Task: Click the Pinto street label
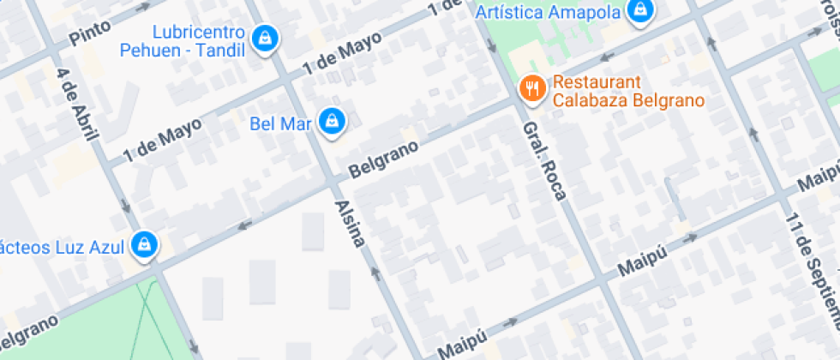90,33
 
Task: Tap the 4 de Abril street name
79,105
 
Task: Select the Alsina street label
351,224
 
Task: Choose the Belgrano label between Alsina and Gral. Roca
384,159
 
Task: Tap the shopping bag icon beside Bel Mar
331,123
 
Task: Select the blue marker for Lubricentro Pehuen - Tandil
266,39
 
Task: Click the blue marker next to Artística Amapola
639,11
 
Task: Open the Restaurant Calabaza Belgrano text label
628,92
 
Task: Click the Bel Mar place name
279,123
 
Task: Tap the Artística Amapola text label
547,12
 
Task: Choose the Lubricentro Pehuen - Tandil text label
199,40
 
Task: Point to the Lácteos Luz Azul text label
62,247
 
